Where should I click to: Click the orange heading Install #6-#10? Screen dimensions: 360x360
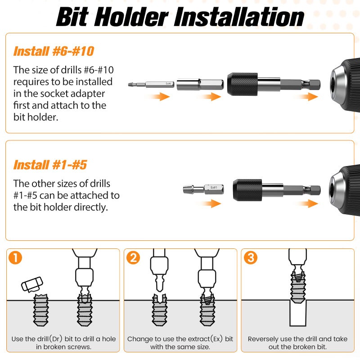(54, 51)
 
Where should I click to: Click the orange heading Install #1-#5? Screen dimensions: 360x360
(50, 165)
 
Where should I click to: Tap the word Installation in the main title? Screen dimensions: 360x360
(239, 17)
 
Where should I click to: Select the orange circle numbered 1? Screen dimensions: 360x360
(15, 257)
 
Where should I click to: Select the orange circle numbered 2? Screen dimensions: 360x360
(133, 257)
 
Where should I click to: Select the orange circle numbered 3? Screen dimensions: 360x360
(251, 257)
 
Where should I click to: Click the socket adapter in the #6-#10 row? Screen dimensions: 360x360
(200, 84)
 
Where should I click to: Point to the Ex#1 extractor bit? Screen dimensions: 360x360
(203, 189)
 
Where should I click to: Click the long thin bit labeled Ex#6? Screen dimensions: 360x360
(151, 85)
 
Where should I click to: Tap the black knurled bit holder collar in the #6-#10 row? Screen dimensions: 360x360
(243, 84)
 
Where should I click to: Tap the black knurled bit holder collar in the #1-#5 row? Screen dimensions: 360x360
(247, 190)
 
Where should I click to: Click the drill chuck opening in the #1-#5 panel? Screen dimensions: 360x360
(332, 190)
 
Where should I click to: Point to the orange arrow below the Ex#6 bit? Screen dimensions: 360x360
(160, 96)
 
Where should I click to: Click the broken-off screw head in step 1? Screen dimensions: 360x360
(32, 284)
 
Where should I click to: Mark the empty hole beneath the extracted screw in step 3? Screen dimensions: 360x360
(298, 313)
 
